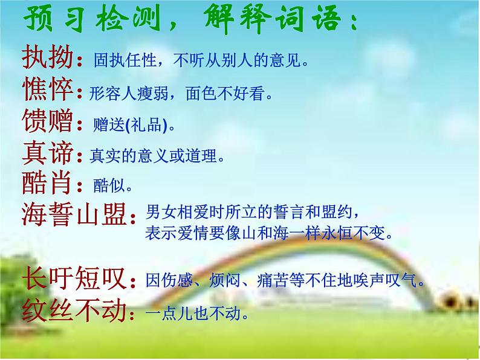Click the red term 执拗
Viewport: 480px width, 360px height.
coord(47,58)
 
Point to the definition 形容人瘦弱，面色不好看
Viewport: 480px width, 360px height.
coord(178,94)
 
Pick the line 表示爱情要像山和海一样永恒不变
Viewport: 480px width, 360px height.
coord(268,233)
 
